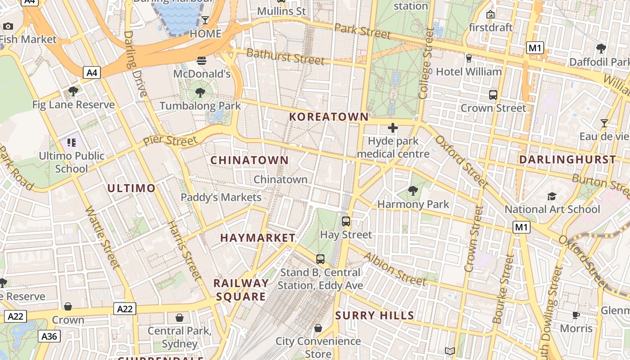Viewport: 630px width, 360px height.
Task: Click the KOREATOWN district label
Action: pyautogui.click(x=328, y=117)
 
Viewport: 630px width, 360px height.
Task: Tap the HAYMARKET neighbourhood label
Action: pyautogui.click(x=258, y=238)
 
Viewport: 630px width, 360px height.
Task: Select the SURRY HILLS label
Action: pyautogui.click(x=374, y=315)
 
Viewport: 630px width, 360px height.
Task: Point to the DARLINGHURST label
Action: pyautogui.click(x=567, y=160)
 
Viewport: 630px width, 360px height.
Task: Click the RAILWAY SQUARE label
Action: pyautogui.click(x=241, y=290)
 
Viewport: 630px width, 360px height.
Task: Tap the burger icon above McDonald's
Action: pyautogui.click(x=202, y=60)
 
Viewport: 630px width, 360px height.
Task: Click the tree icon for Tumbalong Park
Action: pyautogui.click(x=200, y=93)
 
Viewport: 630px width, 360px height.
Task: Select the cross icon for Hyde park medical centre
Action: pyautogui.click(x=393, y=128)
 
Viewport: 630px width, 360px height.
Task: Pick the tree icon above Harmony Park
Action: pyautogui.click(x=413, y=191)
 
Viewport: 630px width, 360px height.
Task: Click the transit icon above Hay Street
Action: pyautogui.click(x=346, y=221)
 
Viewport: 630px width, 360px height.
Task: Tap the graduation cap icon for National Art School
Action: pyautogui.click(x=552, y=196)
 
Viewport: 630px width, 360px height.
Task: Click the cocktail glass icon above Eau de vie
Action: pyautogui.click(x=604, y=123)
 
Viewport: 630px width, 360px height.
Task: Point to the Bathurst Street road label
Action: pyautogui.click(x=285, y=57)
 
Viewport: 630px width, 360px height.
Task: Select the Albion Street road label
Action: pyautogui.click(x=395, y=269)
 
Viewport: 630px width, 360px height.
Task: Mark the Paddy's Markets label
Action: pyautogui.click(x=221, y=197)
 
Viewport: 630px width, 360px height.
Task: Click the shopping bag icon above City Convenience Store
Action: pyautogui.click(x=318, y=328)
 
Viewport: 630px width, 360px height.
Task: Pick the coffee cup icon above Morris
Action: pyautogui.click(x=576, y=315)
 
